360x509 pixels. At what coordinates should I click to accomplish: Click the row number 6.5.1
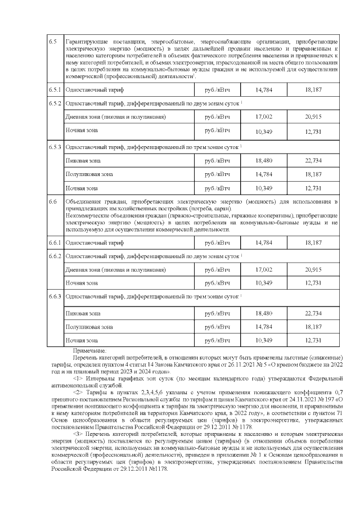coord(55,90)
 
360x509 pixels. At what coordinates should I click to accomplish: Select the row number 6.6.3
coord(55,295)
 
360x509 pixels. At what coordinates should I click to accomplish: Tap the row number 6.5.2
coord(55,104)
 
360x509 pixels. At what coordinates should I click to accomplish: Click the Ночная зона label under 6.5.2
coord(82,130)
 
